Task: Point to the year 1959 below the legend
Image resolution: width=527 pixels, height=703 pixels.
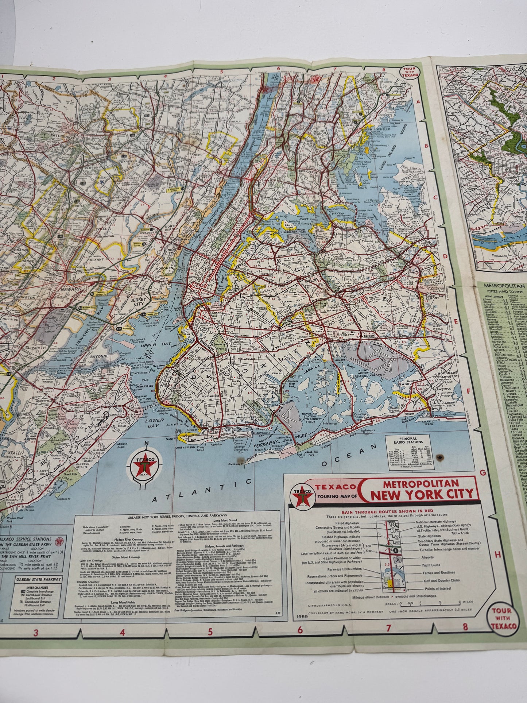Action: (x=300, y=617)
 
